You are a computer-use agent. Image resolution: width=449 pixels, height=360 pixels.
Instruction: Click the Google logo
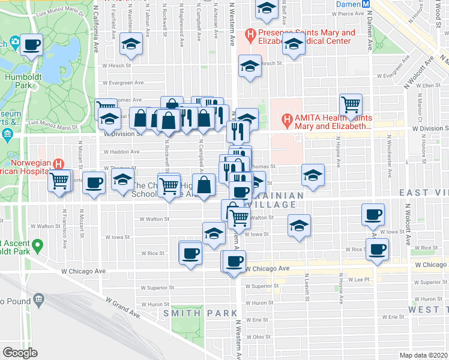(x=19, y=353)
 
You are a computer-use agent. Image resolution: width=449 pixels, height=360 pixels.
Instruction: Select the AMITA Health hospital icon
(x=288, y=119)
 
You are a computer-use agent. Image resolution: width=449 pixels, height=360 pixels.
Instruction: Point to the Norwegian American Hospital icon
(x=58, y=163)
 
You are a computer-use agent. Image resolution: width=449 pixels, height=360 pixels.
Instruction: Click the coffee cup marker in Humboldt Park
(x=31, y=44)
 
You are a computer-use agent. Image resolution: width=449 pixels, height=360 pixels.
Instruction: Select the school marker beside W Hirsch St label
(x=249, y=66)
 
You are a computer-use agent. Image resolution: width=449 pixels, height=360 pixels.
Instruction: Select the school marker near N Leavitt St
(x=299, y=226)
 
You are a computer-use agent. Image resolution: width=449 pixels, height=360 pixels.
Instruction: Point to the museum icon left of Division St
(x=7, y=133)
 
